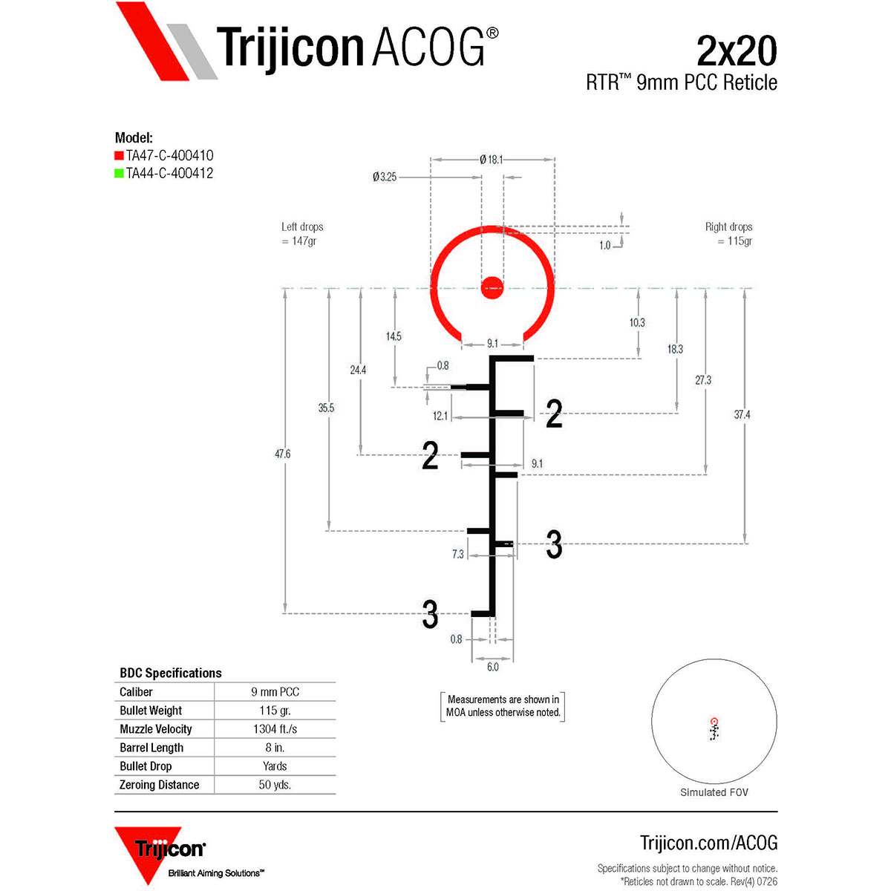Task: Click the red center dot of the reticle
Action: (x=492, y=287)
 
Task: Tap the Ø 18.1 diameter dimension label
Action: (x=491, y=160)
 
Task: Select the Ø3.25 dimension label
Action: (x=385, y=177)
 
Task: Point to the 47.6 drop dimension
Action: (x=282, y=454)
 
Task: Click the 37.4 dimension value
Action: (x=742, y=414)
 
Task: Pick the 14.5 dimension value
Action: (x=394, y=336)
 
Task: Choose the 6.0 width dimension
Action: (x=492, y=667)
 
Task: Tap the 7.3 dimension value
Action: (x=457, y=554)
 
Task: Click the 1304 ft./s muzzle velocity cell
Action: (x=275, y=729)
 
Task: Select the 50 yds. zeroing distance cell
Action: (x=275, y=785)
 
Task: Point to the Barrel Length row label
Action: (x=151, y=748)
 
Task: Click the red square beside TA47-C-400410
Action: (x=119, y=155)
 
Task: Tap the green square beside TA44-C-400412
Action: (x=119, y=174)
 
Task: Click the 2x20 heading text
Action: (x=737, y=51)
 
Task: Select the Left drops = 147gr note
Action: (x=302, y=234)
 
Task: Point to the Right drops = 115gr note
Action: (x=728, y=234)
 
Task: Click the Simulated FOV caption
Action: (x=714, y=792)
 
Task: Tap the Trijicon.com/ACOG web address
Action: (x=708, y=843)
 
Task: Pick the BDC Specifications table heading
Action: (x=171, y=673)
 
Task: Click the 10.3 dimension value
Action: (x=636, y=322)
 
